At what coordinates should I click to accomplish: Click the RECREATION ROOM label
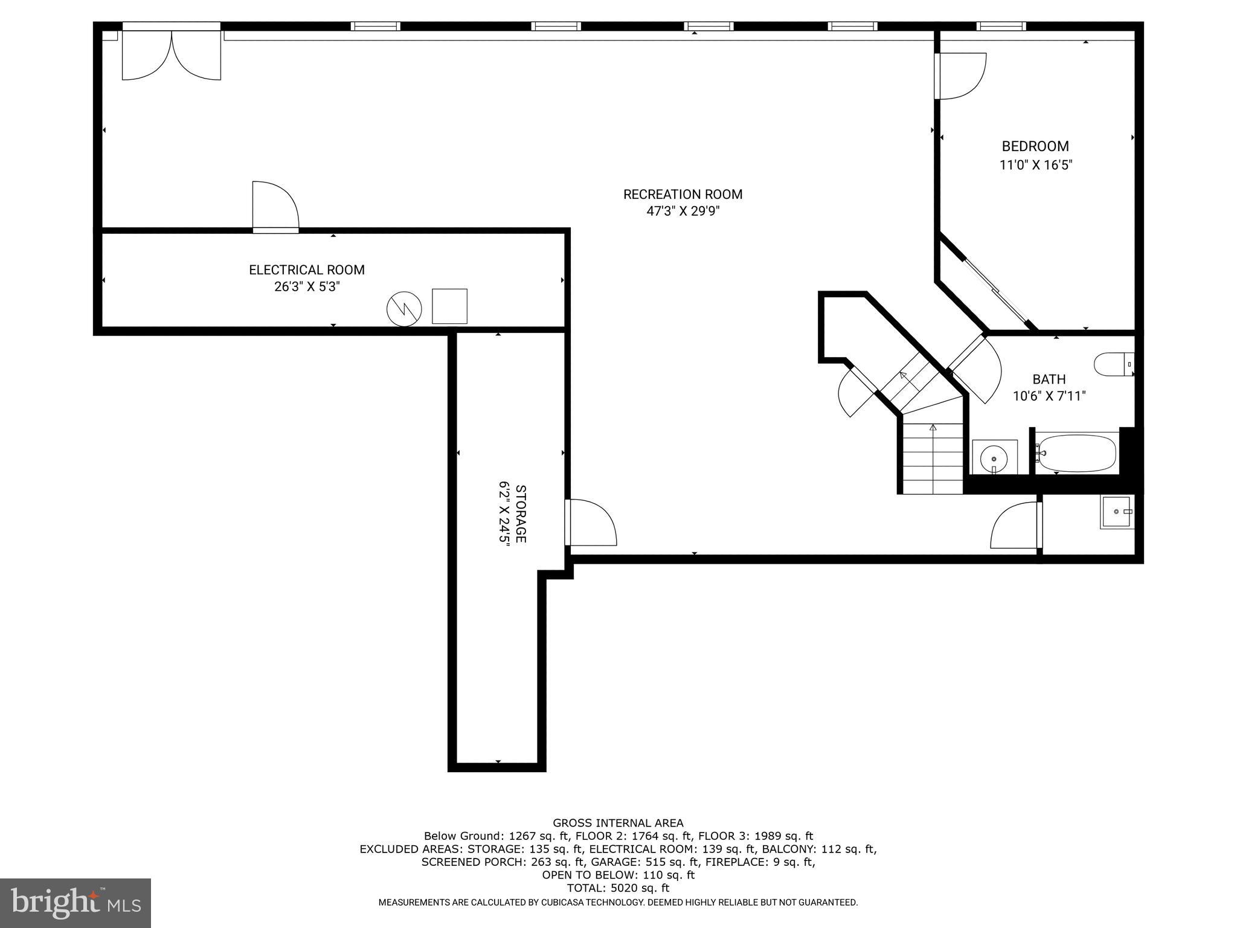(683, 195)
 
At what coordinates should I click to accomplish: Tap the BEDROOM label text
(1035, 146)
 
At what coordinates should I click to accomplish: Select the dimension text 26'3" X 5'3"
(307, 286)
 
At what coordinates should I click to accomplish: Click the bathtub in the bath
(1077, 453)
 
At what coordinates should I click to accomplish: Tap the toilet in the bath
(1110, 364)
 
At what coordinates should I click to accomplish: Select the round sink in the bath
(994, 457)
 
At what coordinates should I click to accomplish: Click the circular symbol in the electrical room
(403, 309)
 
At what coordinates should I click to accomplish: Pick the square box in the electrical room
(449, 306)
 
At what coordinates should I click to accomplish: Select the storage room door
(591, 523)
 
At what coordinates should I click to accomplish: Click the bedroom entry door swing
(960, 76)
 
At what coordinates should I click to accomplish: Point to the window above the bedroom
(1001, 26)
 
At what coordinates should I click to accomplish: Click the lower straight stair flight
(933, 458)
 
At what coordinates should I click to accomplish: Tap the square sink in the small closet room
(1116, 512)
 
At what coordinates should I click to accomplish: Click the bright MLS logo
(76, 903)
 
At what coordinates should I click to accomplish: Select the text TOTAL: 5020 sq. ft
(618, 888)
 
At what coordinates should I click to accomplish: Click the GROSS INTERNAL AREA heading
(618, 823)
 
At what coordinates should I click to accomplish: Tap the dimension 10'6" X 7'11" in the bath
(1049, 396)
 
